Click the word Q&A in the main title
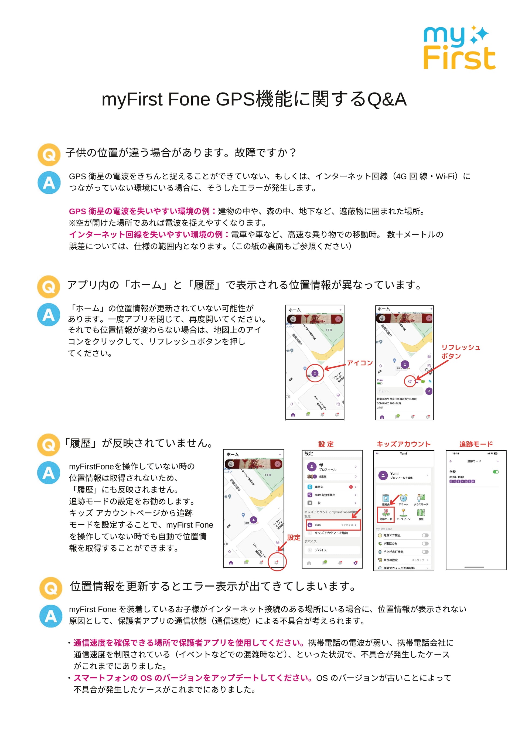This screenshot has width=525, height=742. (387, 99)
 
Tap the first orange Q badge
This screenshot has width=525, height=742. (49, 155)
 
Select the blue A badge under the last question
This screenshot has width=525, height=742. (51, 616)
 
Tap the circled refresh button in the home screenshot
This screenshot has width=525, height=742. (410, 381)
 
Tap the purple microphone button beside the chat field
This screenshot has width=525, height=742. (429, 391)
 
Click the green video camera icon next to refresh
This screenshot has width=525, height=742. (423, 382)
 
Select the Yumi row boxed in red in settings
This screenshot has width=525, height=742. (333, 525)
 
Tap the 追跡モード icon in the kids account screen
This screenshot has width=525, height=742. (386, 513)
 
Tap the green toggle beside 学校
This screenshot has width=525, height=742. (496, 472)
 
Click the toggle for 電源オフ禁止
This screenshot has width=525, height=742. (425, 535)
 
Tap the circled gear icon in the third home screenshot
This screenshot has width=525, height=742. (277, 563)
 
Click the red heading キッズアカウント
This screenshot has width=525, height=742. (403, 444)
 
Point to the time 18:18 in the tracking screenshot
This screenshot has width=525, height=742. (455, 454)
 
